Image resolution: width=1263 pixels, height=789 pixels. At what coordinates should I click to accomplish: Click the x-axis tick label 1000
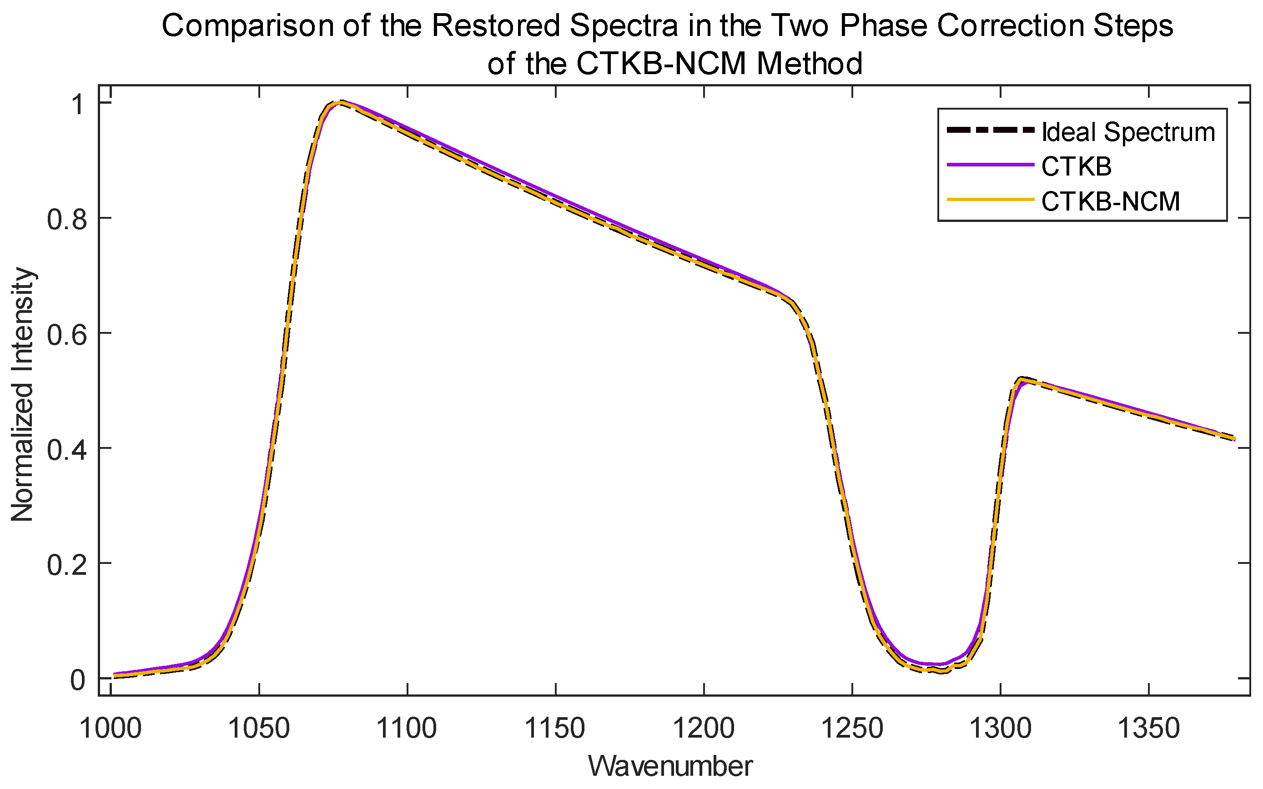[110, 729]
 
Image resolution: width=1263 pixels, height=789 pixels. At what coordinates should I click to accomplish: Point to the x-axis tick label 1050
[259, 729]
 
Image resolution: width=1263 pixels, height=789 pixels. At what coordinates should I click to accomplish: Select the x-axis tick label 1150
[555, 729]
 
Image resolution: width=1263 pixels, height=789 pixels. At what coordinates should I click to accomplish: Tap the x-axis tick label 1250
[852, 729]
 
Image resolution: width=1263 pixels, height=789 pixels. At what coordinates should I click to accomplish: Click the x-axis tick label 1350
[1149, 729]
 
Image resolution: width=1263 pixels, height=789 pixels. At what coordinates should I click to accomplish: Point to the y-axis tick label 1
[78, 104]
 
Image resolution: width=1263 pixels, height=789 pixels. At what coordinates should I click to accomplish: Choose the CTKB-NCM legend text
[1111, 201]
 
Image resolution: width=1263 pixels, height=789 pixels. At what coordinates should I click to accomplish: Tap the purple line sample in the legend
[990, 166]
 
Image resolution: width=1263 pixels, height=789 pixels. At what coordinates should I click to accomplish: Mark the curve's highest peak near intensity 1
[340, 102]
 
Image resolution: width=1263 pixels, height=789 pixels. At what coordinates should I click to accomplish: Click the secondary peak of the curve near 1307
[1021, 379]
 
